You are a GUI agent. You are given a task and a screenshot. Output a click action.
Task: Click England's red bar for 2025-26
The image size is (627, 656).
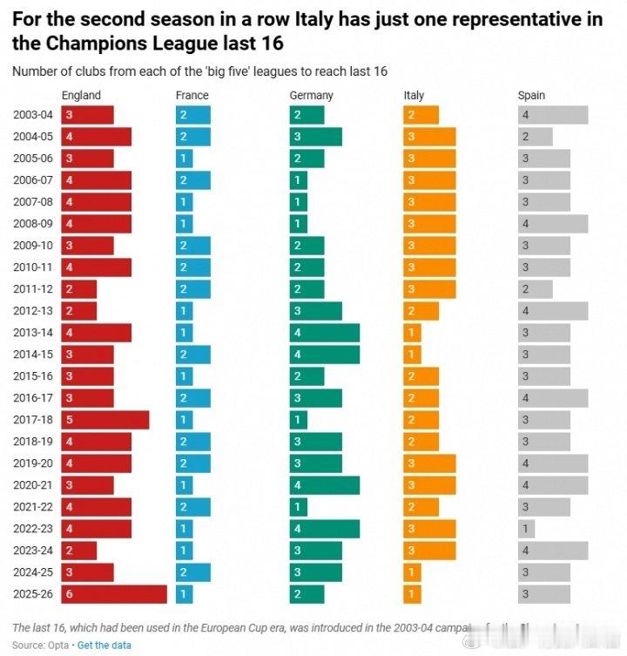click(114, 593)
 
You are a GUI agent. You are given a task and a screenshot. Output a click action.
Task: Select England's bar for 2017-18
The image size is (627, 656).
click(105, 419)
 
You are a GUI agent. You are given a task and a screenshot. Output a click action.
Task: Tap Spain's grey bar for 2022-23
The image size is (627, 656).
click(526, 528)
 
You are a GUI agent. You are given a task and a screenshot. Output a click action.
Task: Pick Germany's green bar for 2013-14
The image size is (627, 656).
click(325, 332)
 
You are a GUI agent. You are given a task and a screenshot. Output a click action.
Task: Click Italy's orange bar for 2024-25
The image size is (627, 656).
click(413, 571)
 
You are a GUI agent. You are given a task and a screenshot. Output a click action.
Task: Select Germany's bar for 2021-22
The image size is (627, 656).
click(299, 506)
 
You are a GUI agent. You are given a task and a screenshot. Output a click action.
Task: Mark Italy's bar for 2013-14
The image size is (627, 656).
click(413, 332)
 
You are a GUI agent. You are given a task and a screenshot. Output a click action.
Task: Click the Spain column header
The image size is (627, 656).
click(531, 95)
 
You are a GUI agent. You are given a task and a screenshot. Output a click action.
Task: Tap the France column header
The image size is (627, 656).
click(192, 95)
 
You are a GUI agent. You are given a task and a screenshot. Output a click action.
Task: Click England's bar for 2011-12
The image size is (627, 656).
click(79, 288)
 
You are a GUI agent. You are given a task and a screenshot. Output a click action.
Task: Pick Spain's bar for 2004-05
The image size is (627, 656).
click(536, 136)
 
